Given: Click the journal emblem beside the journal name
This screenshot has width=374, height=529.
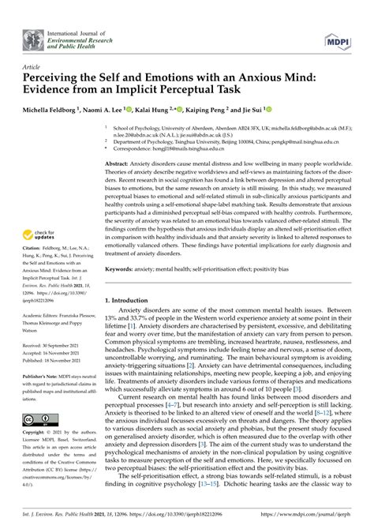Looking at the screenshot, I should click(x=33, y=37).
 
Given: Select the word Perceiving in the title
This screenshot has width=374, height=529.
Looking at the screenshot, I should click(x=58, y=80).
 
